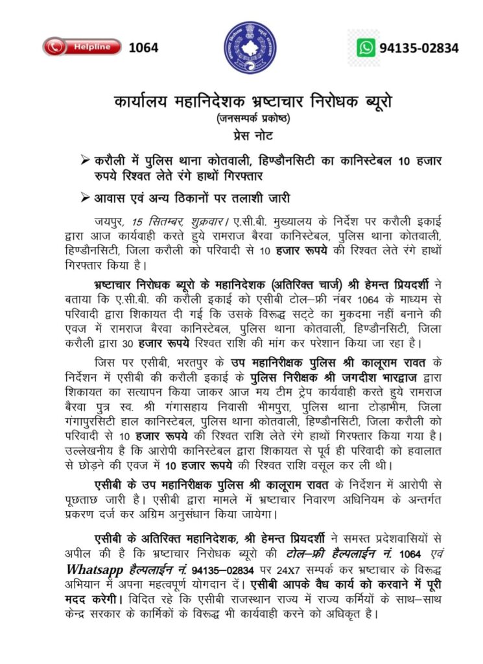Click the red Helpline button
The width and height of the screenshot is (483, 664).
pos(82,47)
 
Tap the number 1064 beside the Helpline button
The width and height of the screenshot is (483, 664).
pos(143,47)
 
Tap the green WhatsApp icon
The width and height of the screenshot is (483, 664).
pos(366,47)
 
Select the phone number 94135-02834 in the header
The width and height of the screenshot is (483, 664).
pos(419,47)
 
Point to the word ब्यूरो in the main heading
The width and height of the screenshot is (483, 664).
pos(377,102)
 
